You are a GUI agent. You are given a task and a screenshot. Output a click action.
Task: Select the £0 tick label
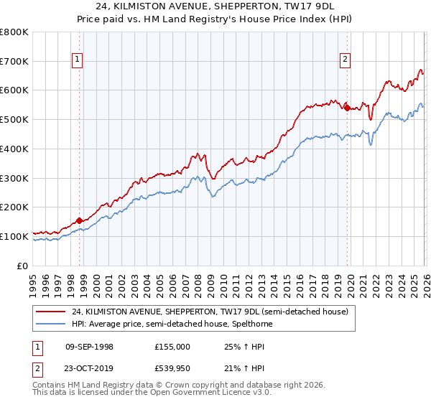pos(23,266)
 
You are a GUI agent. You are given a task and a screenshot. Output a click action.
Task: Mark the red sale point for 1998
pos(79,220)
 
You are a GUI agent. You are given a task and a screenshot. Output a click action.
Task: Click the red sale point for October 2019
pos(347,108)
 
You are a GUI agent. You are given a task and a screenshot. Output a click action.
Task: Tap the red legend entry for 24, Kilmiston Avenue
pos(210,312)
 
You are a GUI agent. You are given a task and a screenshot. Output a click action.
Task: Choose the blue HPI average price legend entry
pos(172,324)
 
